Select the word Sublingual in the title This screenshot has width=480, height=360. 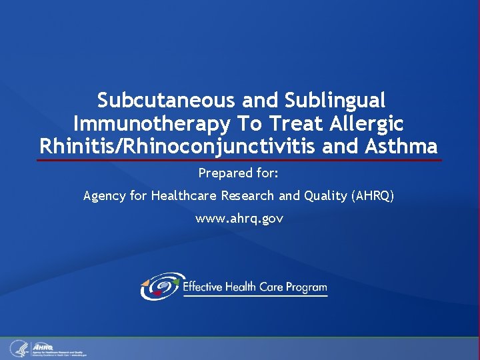[335, 101]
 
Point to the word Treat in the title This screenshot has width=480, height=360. [283, 123]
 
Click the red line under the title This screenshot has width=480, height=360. [239, 160]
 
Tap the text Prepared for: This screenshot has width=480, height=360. [239, 174]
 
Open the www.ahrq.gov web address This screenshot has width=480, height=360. [239, 219]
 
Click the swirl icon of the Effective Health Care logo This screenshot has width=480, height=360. [160, 286]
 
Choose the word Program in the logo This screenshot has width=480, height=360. [306, 287]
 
